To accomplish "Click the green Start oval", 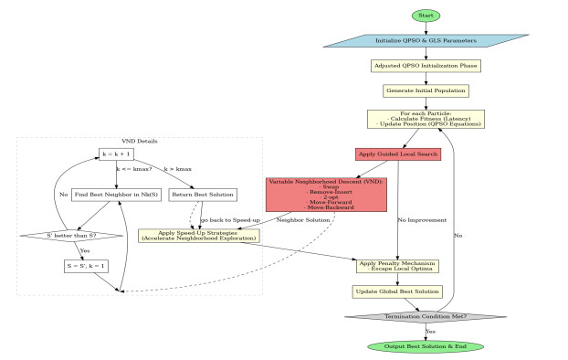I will pyautogui.click(x=425, y=16).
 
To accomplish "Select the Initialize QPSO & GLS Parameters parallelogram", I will pyautogui.click(x=425, y=41).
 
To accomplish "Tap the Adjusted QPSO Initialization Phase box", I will pyautogui.click(x=425, y=66).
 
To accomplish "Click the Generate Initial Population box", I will pyautogui.click(x=425, y=90).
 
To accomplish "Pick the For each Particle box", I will pyautogui.click(x=425, y=120).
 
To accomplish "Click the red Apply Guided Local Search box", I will pyautogui.click(x=397, y=154).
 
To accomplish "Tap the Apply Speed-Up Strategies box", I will pyautogui.click(x=198, y=235).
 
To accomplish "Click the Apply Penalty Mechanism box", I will pyautogui.click(x=397, y=266).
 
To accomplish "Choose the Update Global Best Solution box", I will pyautogui.click(x=397, y=291).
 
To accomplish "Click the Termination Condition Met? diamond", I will pyautogui.click(x=425, y=317).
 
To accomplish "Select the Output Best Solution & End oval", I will pyautogui.click(x=425, y=346).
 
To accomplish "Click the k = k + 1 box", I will pyautogui.click(x=116, y=154).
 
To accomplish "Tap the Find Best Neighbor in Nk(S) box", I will pyautogui.click(x=116, y=195).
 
